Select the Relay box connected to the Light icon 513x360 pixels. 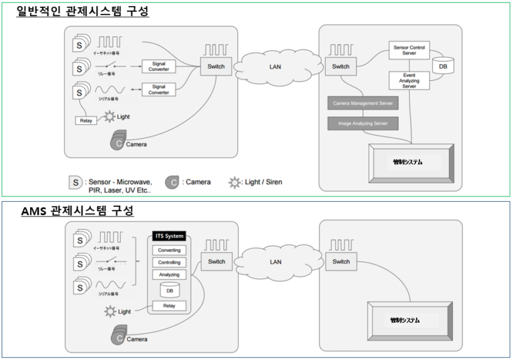point(86,121)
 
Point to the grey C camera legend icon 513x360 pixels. point(173,182)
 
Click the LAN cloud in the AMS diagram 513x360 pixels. point(275,261)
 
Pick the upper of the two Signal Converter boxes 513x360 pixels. point(159,66)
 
